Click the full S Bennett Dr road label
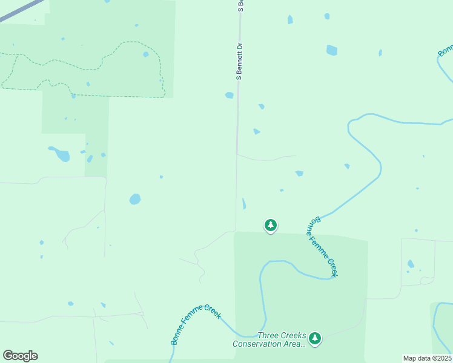(x=239, y=62)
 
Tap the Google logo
(x=20, y=356)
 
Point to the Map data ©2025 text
(x=427, y=358)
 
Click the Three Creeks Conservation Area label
(x=269, y=340)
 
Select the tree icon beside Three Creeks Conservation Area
(x=314, y=339)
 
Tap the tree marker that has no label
(x=271, y=226)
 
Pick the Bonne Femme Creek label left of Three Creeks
(x=196, y=324)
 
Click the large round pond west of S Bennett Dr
(x=135, y=199)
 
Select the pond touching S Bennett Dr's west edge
(x=229, y=95)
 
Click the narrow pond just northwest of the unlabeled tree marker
(x=243, y=204)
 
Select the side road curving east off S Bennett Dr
(x=266, y=159)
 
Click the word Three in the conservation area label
(x=269, y=336)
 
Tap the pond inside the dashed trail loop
(x=146, y=54)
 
